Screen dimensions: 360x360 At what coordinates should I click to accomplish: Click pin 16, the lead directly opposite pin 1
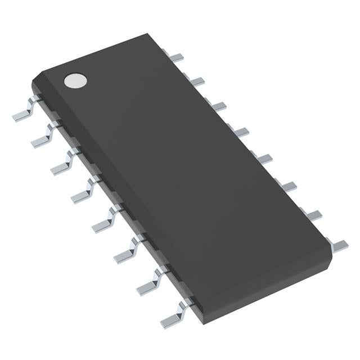pyautogui.click(x=176, y=57)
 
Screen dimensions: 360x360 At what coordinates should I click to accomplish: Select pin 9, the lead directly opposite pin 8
pyautogui.click(x=339, y=244)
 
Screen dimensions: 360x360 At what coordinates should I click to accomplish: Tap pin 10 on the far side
pyautogui.click(x=314, y=215)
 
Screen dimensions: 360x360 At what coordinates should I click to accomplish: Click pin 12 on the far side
pyautogui.click(x=265, y=159)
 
